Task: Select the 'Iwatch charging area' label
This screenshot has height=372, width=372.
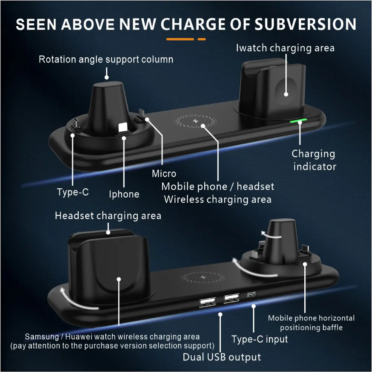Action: [x=285, y=48]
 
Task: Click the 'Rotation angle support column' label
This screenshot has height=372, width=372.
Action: [x=106, y=59]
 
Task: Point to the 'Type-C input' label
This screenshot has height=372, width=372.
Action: [x=260, y=339]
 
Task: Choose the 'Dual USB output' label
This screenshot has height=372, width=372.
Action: [x=222, y=357]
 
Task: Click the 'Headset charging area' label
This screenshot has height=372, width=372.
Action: [x=108, y=216]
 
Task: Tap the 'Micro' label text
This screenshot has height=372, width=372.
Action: [x=164, y=173]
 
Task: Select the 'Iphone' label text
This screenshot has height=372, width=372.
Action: [x=124, y=194]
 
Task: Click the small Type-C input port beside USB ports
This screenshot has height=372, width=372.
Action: [x=251, y=295]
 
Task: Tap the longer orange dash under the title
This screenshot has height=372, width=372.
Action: [x=180, y=39]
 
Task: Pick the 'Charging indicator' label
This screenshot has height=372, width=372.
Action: [x=314, y=160]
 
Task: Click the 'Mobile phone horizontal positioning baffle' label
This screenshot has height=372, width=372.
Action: [x=311, y=323]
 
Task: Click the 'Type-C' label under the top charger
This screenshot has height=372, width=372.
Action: [x=73, y=192]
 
